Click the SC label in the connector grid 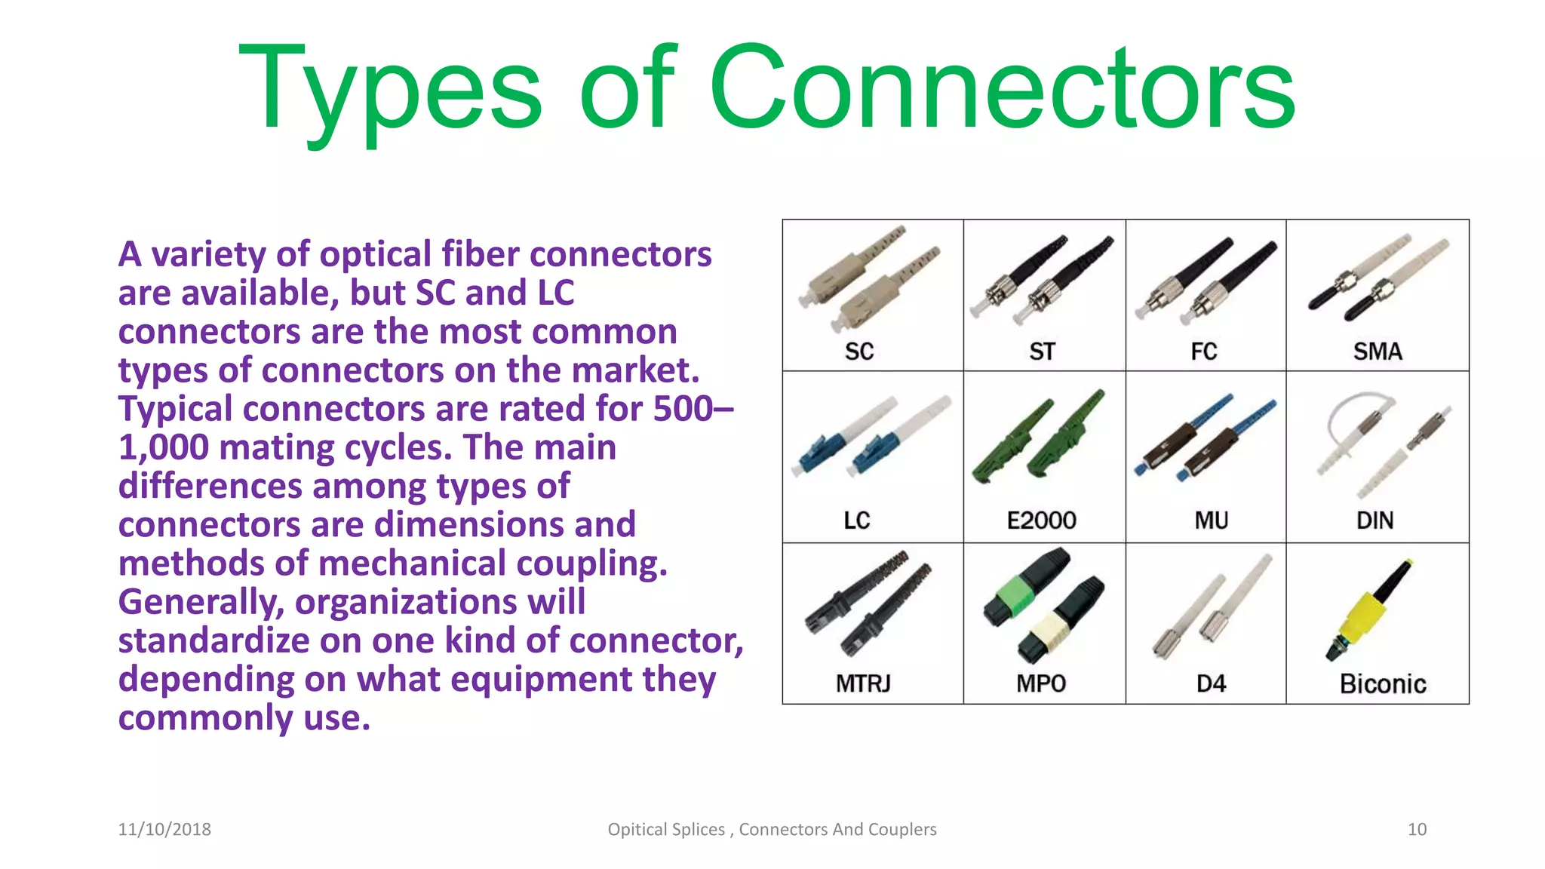click(x=859, y=352)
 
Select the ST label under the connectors click(x=1043, y=352)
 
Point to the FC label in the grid click(x=1204, y=352)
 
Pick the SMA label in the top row click(x=1378, y=352)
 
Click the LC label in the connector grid click(x=857, y=520)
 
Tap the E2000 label click(x=1042, y=520)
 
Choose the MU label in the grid click(x=1212, y=520)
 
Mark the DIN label click(x=1375, y=520)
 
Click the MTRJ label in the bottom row click(x=863, y=683)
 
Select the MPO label click(x=1041, y=683)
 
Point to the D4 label click(x=1212, y=683)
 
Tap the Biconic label click(x=1383, y=684)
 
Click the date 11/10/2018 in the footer click(x=164, y=829)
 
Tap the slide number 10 click(x=1417, y=829)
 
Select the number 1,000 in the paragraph click(x=164, y=447)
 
